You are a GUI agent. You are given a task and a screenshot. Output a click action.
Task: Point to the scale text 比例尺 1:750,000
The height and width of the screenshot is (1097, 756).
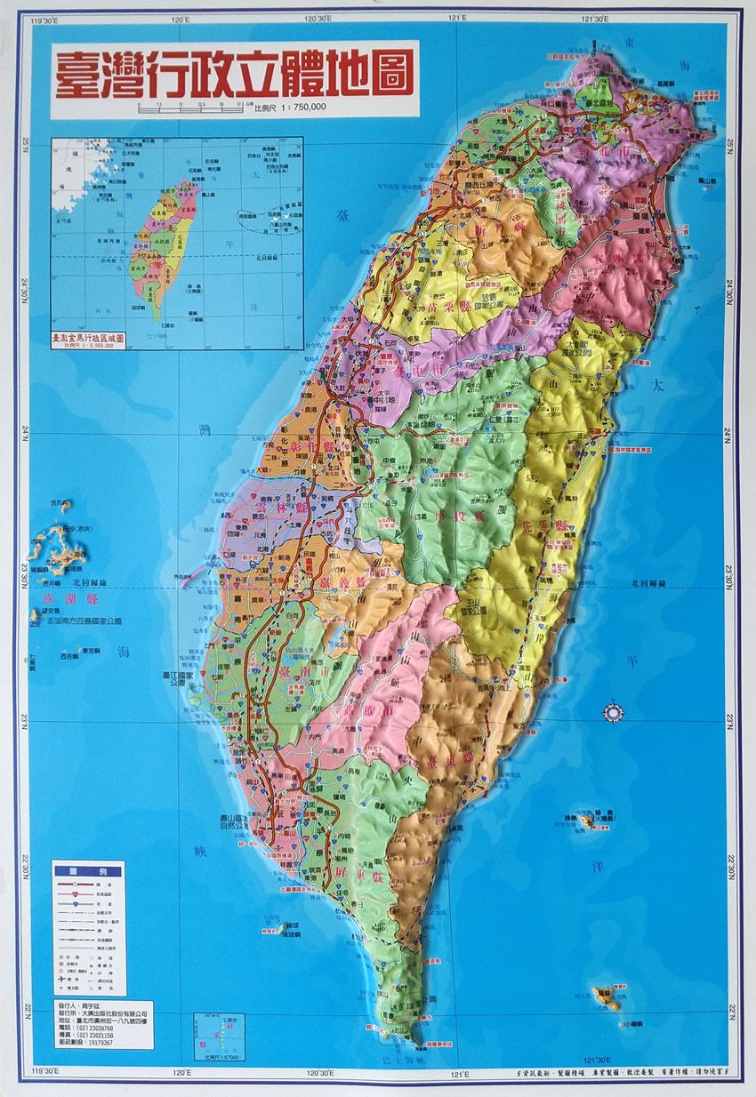tap(291, 107)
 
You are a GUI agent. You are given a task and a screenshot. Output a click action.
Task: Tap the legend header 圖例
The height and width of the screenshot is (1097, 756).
tap(87, 872)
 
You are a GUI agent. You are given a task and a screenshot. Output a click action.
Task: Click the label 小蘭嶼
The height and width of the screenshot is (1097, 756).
tap(633, 1024)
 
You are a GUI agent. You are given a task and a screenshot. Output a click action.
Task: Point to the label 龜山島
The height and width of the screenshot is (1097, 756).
tap(708, 181)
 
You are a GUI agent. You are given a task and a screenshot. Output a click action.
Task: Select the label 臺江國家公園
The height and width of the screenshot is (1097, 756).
tap(178, 680)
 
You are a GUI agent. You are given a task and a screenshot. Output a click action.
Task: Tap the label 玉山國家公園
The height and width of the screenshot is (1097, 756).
tap(473, 607)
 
